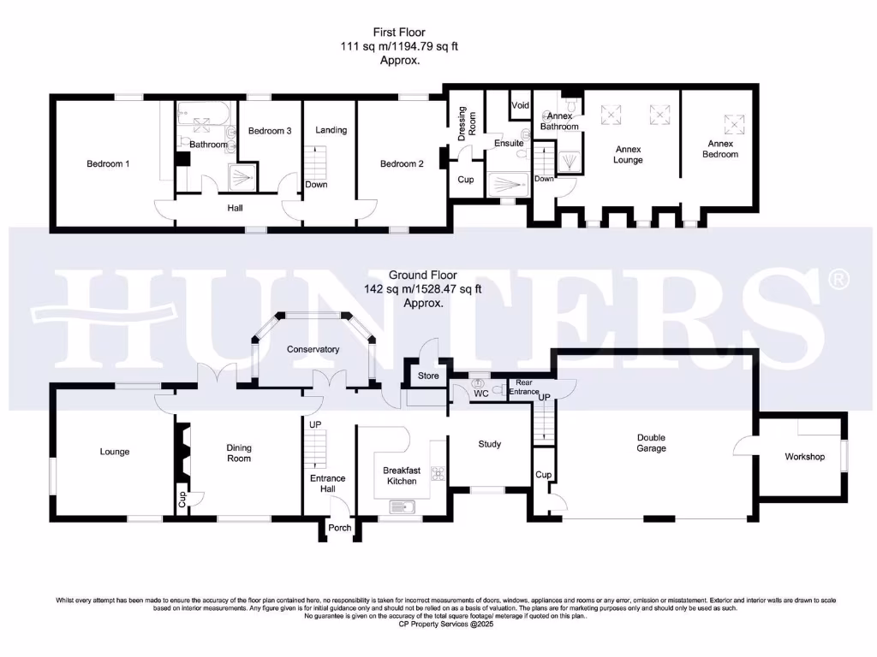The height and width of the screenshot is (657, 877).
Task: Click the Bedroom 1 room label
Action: pyautogui.click(x=108, y=163)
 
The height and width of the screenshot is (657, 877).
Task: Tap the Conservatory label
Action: pyautogui.click(x=313, y=349)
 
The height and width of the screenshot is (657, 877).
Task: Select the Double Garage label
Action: pyautogui.click(x=651, y=442)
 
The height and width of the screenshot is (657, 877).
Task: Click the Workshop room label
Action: pyautogui.click(x=804, y=457)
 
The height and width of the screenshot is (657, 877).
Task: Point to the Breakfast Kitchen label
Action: pyautogui.click(x=401, y=475)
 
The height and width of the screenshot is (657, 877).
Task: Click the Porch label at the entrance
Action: pyautogui.click(x=340, y=528)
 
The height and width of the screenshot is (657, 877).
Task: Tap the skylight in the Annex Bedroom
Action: pyautogui.click(x=734, y=124)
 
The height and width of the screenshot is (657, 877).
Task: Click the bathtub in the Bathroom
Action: pyautogui.click(x=204, y=113)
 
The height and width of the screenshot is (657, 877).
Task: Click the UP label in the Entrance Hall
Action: pyautogui.click(x=314, y=424)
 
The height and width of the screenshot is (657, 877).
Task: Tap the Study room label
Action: pyautogui.click(x=489, y=444)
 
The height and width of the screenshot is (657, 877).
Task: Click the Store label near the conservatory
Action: pyautogui.click(x=428, y=376)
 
